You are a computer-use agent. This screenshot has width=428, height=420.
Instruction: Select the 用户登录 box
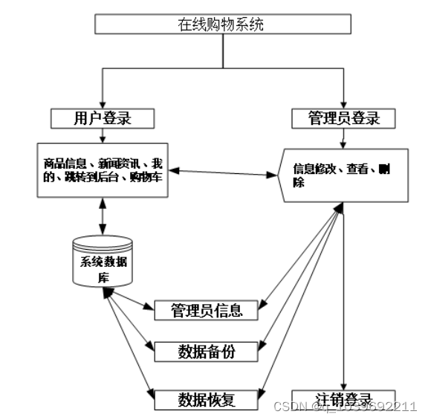(103, 118)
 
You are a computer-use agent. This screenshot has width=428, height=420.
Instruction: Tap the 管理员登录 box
(343, 118)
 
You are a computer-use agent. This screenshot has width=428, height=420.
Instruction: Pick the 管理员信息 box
(207, 310)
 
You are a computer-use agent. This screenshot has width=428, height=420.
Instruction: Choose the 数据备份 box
(207, 351)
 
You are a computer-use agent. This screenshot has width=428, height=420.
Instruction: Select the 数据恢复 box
(207, 399)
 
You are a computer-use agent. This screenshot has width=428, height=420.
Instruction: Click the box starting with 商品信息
(103, 169)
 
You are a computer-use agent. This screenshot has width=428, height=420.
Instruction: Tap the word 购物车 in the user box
(149, 177)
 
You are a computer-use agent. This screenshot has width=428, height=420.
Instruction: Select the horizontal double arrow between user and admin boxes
(222, 174)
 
